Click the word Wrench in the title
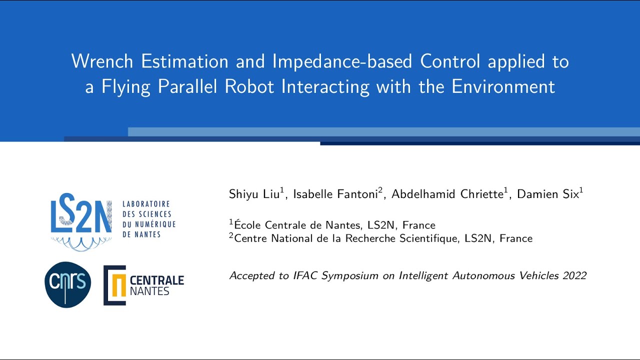102,61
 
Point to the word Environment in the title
503,87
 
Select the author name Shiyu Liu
254,194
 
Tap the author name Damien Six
547,194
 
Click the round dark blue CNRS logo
68,284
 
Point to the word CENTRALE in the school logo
156,280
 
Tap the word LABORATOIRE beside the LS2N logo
146,204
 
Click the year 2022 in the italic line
574,275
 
